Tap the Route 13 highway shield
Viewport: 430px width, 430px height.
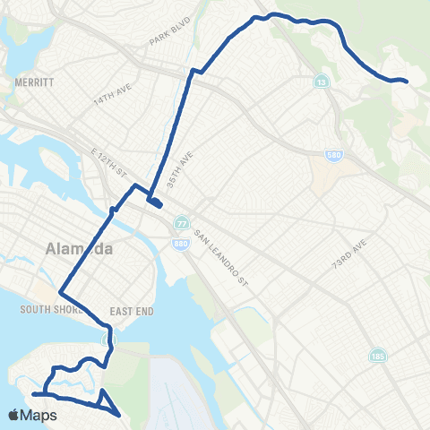point(321,82)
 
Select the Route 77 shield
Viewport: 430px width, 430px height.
point(182,222)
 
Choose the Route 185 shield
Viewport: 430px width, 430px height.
point(382,357)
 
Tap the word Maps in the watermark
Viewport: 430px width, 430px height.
point(39,416)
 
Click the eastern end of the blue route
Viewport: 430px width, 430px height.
point(407,82)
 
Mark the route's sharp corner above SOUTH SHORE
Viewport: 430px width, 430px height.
point(60,293)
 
